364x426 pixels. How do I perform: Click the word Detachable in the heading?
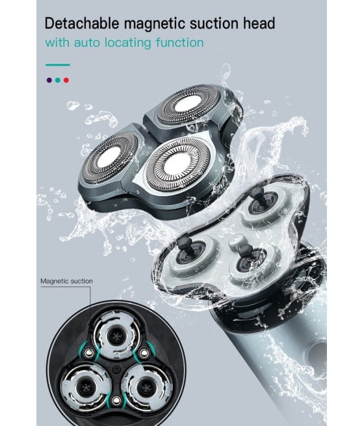82,23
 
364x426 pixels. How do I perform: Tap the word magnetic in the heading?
155,24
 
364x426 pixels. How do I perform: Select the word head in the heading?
259,23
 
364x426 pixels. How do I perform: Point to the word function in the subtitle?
179,42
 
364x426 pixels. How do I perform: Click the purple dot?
49,80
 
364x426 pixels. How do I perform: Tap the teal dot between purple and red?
58,80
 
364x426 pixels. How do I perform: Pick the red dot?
66,80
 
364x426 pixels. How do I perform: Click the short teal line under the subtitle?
58,65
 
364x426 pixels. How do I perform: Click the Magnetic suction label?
66,281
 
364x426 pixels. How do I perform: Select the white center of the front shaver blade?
177,165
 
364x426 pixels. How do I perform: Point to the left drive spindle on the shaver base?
188,248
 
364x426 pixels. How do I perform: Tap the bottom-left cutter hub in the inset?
86,387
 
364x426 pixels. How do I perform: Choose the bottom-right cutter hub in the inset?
146,387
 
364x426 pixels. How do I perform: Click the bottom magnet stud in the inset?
116,400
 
